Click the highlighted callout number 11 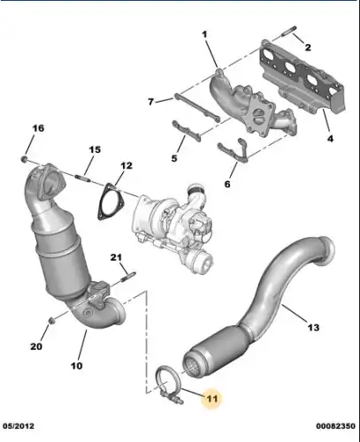point(211,399)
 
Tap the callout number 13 point(313,327)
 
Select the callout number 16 point(38,128)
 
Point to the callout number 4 point(330,138)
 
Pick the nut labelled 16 point(25,159)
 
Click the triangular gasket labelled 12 point(111,202)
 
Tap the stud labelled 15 point(83,179)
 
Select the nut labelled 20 point(50,320)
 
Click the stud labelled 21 point(127,278)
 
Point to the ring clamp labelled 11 point(167,382)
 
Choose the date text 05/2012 point(19,426)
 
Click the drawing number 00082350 point(335,426)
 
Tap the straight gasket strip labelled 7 point(197,108)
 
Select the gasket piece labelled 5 point(187,131)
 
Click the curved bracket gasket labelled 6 point(234,150)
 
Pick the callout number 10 point(76,366)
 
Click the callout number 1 point(204,34)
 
